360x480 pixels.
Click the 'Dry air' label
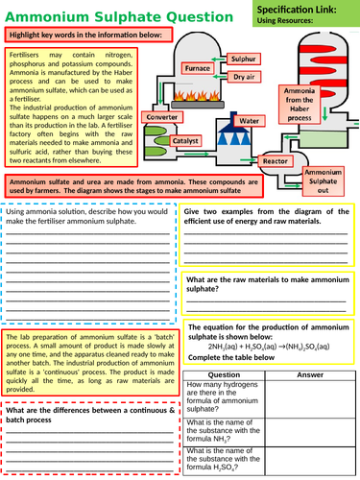tap(244, 75)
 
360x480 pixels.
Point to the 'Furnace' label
tap(198, 69)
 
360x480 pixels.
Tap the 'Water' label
tap(250, 121)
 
